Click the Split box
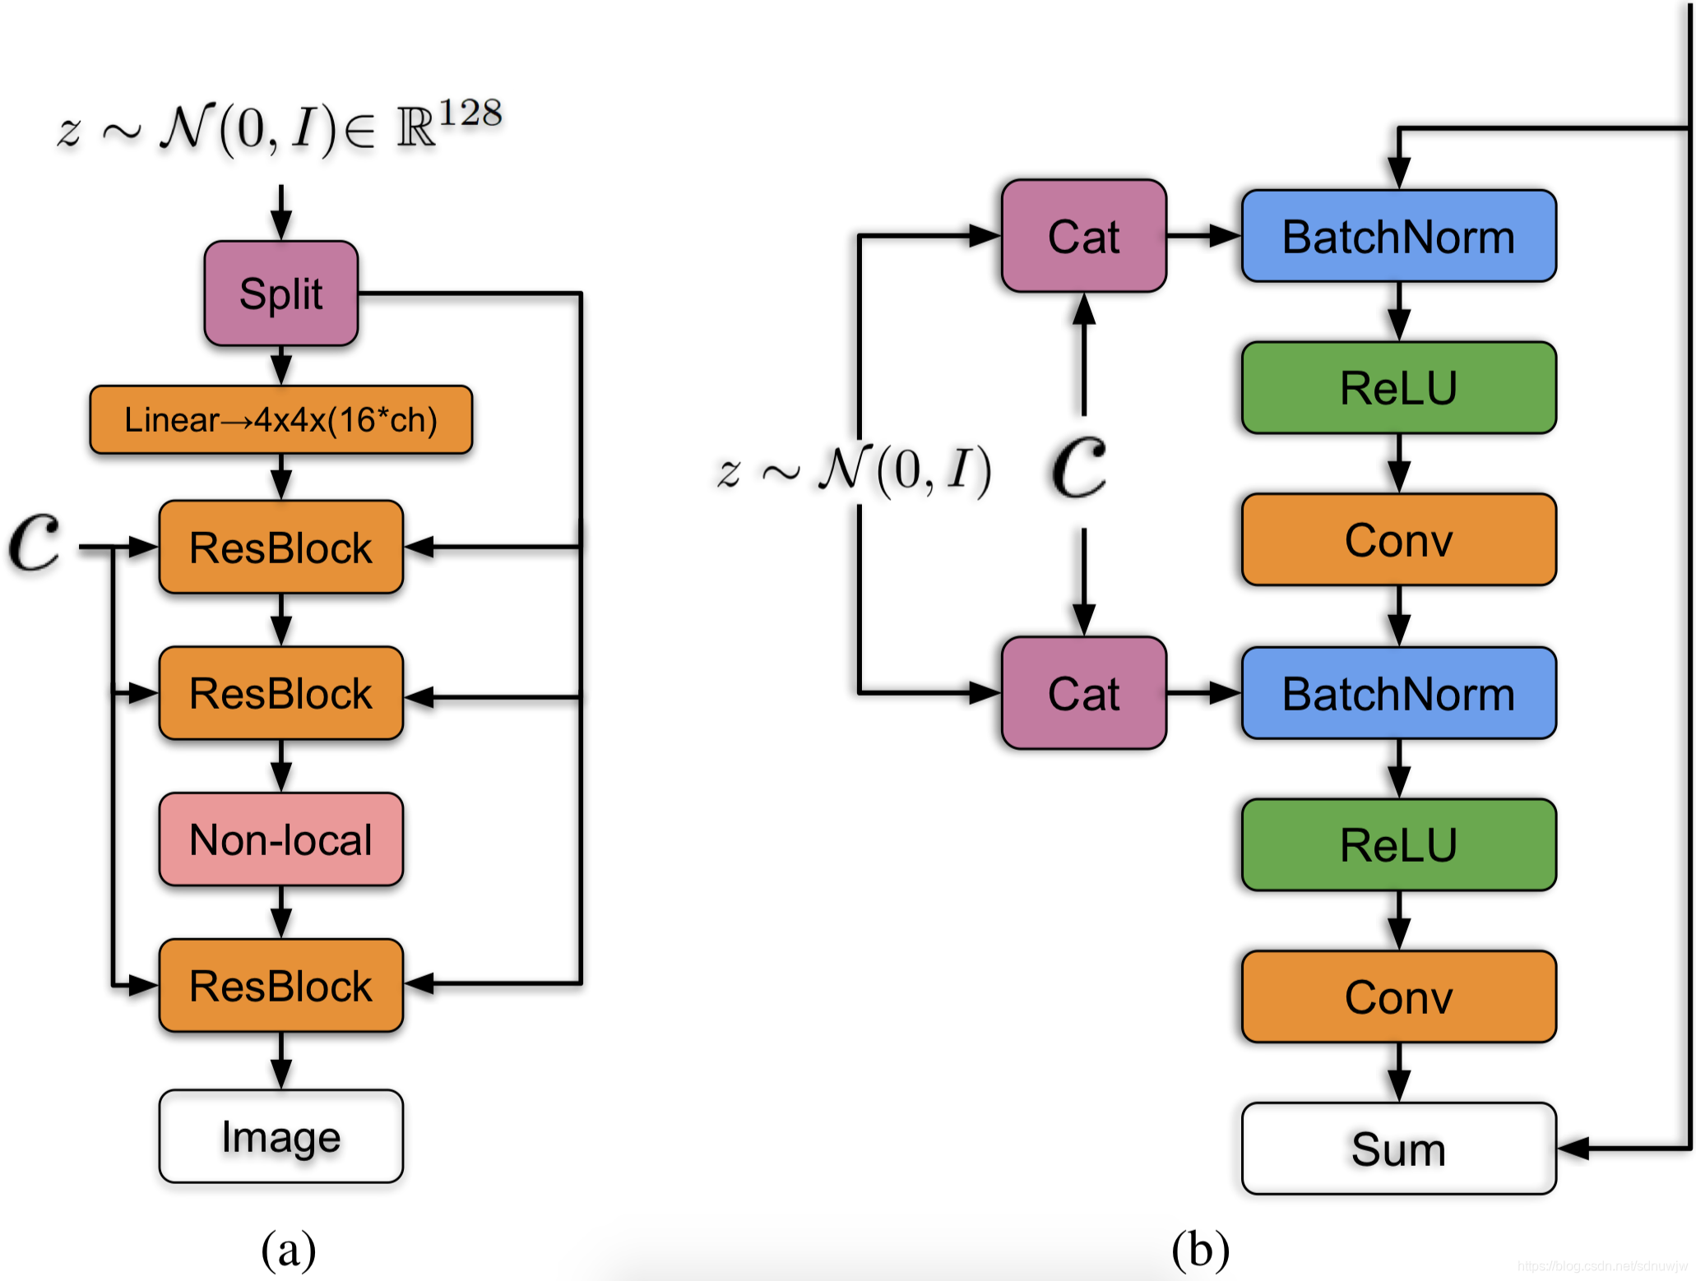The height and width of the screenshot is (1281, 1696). [280, 294]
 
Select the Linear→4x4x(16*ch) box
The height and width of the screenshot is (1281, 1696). [280, 420]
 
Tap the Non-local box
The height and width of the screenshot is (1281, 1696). [280, 839]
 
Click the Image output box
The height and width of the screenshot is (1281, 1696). [280, 1136]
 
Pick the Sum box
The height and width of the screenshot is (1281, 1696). [1398, 1149]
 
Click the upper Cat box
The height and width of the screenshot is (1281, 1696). [1083, 237]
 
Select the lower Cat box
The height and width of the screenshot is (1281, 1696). [1083, 693]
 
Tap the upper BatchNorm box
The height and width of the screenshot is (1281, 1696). [1398, 237]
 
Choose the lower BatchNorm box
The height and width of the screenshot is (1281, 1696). [1398, 693]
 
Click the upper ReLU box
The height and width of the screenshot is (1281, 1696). [1398, 388]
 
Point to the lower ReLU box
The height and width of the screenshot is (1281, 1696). [1398, 845]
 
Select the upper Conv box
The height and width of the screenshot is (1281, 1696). [1398, 540]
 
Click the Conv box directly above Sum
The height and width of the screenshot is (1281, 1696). [1398, 997]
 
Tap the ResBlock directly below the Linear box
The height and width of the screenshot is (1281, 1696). [280, 548]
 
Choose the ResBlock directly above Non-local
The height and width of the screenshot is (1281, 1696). [280, 693]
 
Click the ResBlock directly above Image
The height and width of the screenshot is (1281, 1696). [280, 986]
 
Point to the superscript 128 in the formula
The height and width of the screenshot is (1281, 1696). [470, 113]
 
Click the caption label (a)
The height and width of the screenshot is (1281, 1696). [288, 1249]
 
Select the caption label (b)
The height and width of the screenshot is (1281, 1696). [1200, 1249]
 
